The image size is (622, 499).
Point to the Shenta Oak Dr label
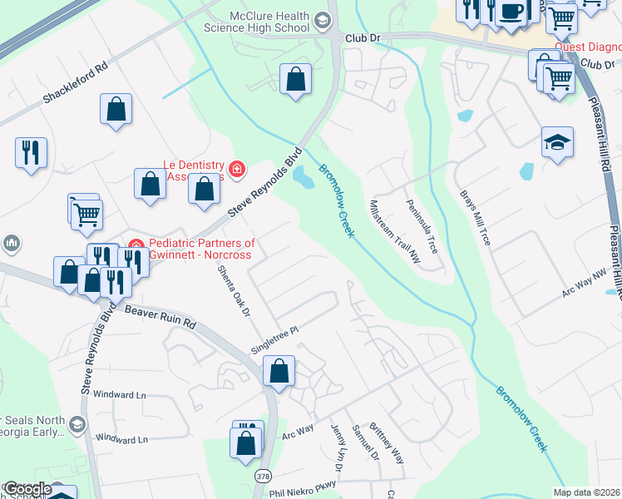click(x=234, y=294)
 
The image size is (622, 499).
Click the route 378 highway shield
click(x=264, y=475)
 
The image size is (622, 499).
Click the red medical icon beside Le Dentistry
click(x=237, y=170)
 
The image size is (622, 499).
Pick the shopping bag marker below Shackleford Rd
click(x=116, y=109)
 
